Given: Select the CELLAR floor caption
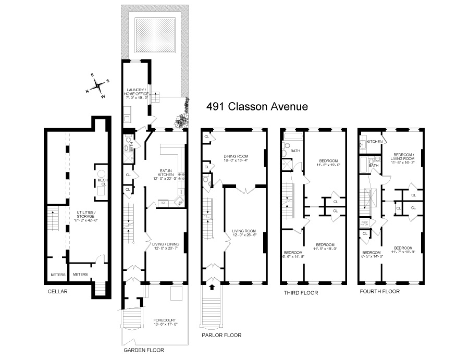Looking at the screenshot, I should tap(57, 292).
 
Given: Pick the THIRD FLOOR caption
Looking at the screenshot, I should tap(301, 293).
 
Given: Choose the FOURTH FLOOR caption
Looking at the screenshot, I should tap(379, 292).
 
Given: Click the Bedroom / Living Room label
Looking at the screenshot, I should tap(404, 157).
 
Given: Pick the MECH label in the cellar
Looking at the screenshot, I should tap(102, 182).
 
